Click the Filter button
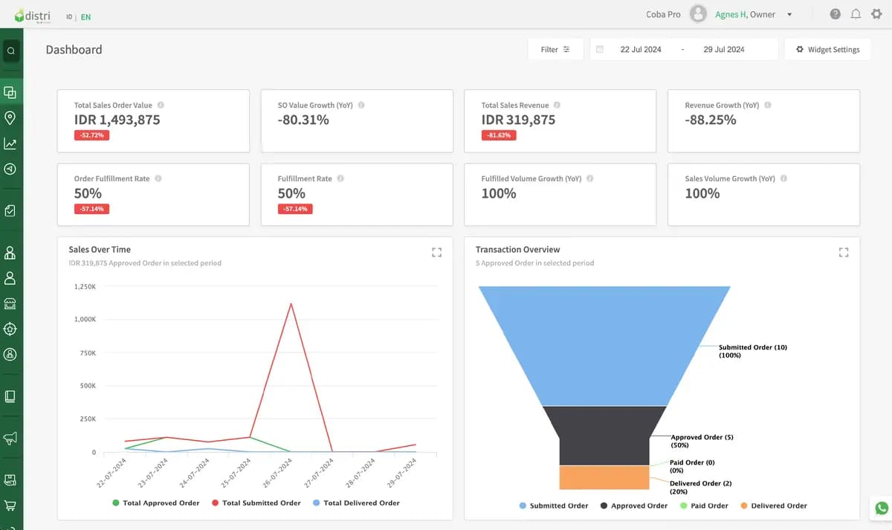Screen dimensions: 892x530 tap(555, 49)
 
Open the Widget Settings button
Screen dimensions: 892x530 tap(827, 49)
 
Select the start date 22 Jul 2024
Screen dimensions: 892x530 tap(640, 49)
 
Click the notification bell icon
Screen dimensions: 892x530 tap(856, 14)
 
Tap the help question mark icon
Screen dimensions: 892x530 tap(835, 14)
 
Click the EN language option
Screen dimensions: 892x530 tap(85, 16)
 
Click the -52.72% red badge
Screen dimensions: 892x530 tap(91, 135)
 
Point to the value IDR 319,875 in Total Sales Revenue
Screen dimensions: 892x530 tap(518, 120)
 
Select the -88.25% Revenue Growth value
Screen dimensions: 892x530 tap(711, 120)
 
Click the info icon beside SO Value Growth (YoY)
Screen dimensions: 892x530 tap(361, 105)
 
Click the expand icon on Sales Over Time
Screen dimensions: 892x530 tap(436, 252)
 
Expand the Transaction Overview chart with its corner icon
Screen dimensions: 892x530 tap(844, 252)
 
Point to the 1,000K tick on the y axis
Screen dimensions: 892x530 tap(85, 319)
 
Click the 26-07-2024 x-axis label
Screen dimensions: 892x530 tap(277, 473)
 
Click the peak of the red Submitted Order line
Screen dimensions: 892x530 tap(291, 304)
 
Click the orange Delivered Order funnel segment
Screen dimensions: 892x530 tap(604, 477)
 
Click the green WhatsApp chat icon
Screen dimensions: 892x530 tap(882, 508)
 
